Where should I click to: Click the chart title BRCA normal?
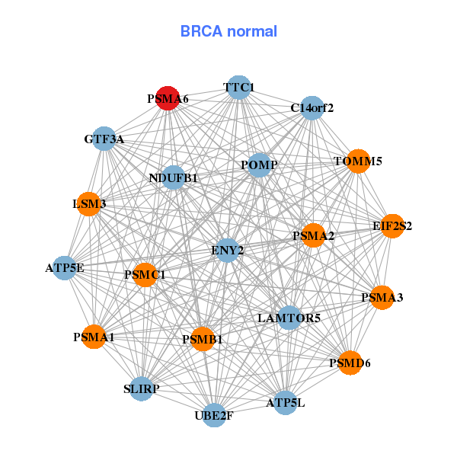pyautogui.click(x=228, y=31)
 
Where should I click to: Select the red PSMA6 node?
pyautogui.click(x=168, y=99)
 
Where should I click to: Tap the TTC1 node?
pyautogui.click(x=239, y=87)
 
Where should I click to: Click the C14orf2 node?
pyautogui.click(x=312, y=107)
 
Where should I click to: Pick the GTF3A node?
pyautogui.click(x=104, y=139)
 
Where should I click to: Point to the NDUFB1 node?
pyautogui.click(x=174, y=178)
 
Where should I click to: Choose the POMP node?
pyautogui.click(x=259, y=165)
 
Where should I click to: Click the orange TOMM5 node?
pyautogui.click(x=358, y=161)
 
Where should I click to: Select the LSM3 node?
pyautogui.click(x=89, y=203)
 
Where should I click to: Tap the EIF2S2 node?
pyautogui.click(x=392, y=225)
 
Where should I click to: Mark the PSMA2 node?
pyautogui.click(x=313, y=235)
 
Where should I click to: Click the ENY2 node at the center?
pyautogui.click(x=227, y=250)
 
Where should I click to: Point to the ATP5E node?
pyautogui.click(x=65, y=267)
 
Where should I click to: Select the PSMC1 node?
pyautogui.click(x=145, y=274)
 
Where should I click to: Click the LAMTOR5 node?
pyautogui.click(x=289, y=317)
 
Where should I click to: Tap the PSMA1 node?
pyautogui.click(x=94, y=336)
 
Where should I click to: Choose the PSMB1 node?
pyautogui.click(x=203, y=339)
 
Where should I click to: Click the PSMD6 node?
pyautogui.click(x=350, y=363)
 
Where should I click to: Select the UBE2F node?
pyautogui.click(x=215, y=415)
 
